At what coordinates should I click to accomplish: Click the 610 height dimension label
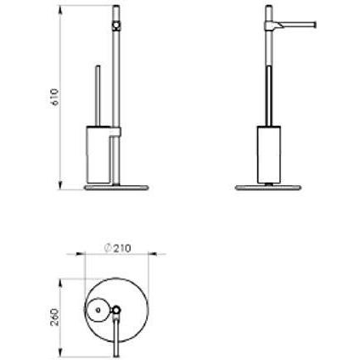coord(55,97)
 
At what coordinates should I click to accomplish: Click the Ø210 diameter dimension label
coord(117,248)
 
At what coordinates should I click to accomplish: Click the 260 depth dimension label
coord(55,318)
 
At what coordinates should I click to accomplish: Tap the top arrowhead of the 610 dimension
coord(60,11)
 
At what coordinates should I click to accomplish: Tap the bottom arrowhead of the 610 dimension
coord(60,184)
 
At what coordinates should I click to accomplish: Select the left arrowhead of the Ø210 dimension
coord(80,254)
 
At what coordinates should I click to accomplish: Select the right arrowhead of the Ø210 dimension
coord(153,254)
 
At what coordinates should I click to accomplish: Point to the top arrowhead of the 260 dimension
coord(60,284)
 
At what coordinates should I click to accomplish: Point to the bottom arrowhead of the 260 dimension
coord(60,352)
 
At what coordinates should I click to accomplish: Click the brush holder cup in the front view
coord(98,155)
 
